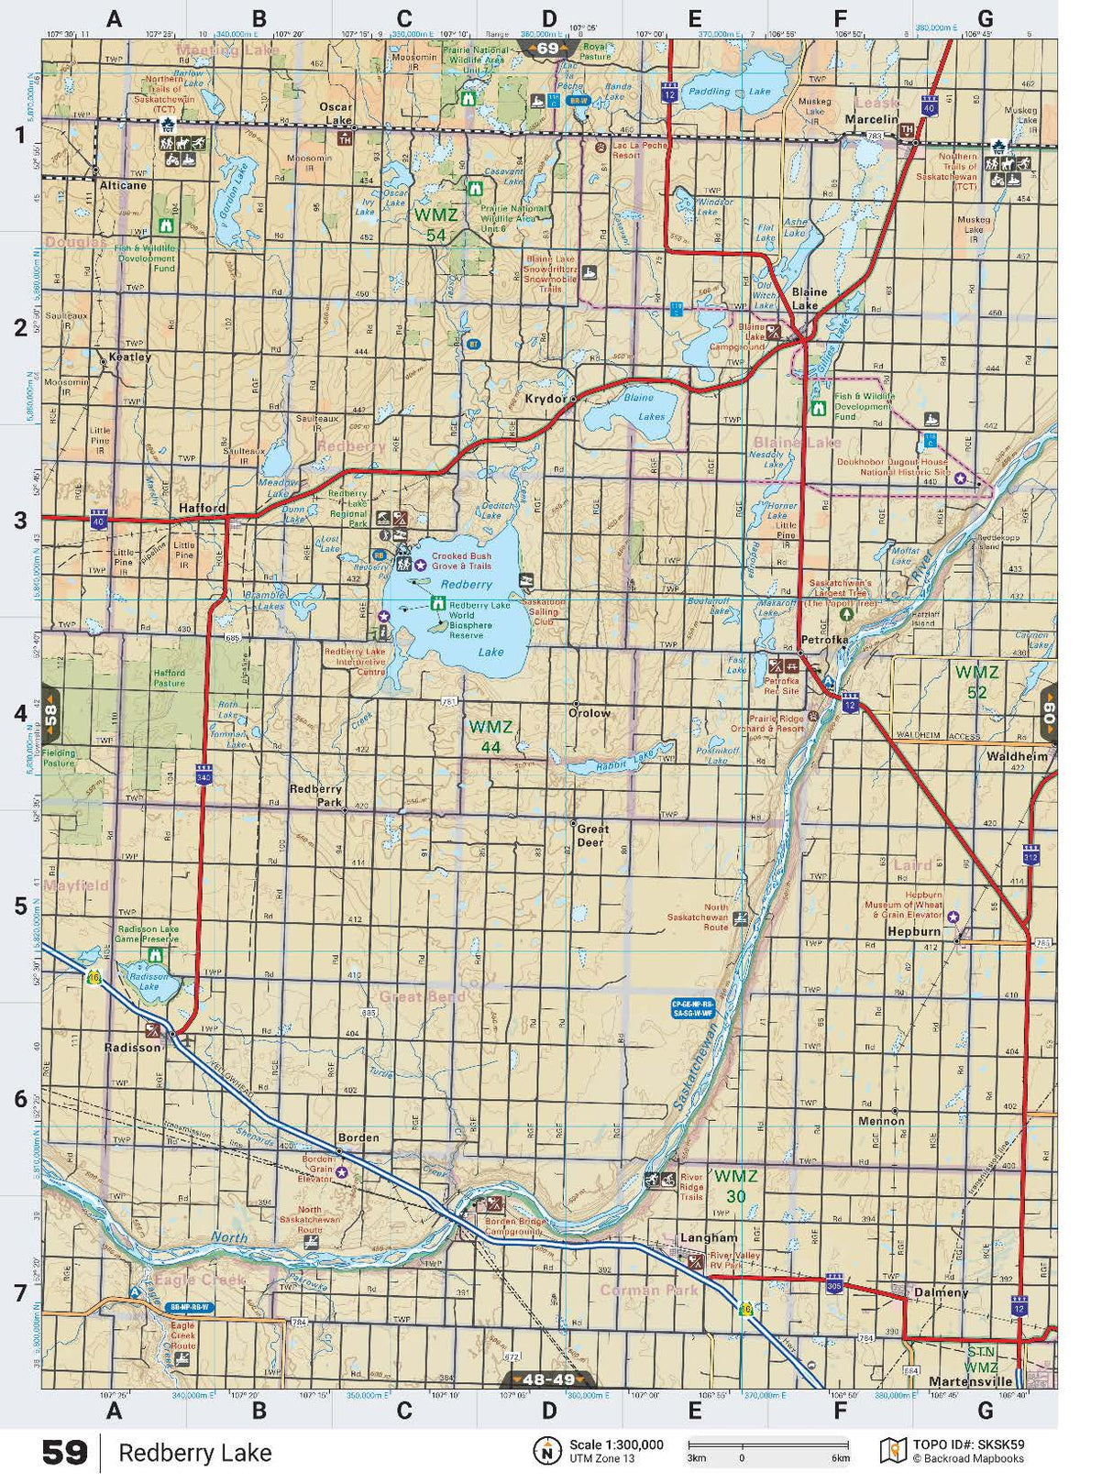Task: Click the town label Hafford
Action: click(202, 508)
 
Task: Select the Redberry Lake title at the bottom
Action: click(194, 1453)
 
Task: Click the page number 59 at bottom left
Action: click(65, 1453)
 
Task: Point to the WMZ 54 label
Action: click(435, 225)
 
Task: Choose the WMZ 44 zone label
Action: click(490, 736)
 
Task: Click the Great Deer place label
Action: click(591, 835)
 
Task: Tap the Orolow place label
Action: click(589, 713)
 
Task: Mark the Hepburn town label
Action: click(914, 931)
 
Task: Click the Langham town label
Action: click(708, 1237)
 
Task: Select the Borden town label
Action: click(358, 1137)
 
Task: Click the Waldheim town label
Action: click(1017, 756)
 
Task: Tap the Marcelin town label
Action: click(871, 119)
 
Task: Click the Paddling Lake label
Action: click(730, 92)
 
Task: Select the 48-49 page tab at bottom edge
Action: click(548, 1379)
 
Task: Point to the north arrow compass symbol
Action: click(547, 1451)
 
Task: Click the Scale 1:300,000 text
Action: click(616, 1445)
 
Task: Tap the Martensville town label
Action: click(970, 1381)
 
